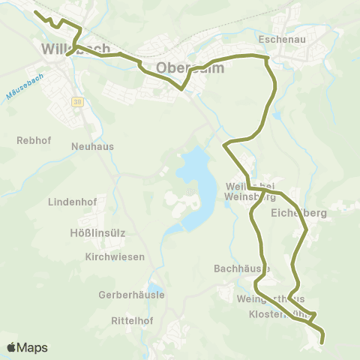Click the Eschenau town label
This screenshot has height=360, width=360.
point(280,37)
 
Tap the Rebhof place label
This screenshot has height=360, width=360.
point(31,139)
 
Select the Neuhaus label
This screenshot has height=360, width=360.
point(92,146)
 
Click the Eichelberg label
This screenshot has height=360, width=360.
point(298,213)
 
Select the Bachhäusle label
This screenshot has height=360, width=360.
point(241,268)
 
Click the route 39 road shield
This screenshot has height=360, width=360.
point(77,102)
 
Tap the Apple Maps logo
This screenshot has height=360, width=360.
point(27,347)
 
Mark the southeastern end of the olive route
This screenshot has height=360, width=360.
point(322,342)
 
